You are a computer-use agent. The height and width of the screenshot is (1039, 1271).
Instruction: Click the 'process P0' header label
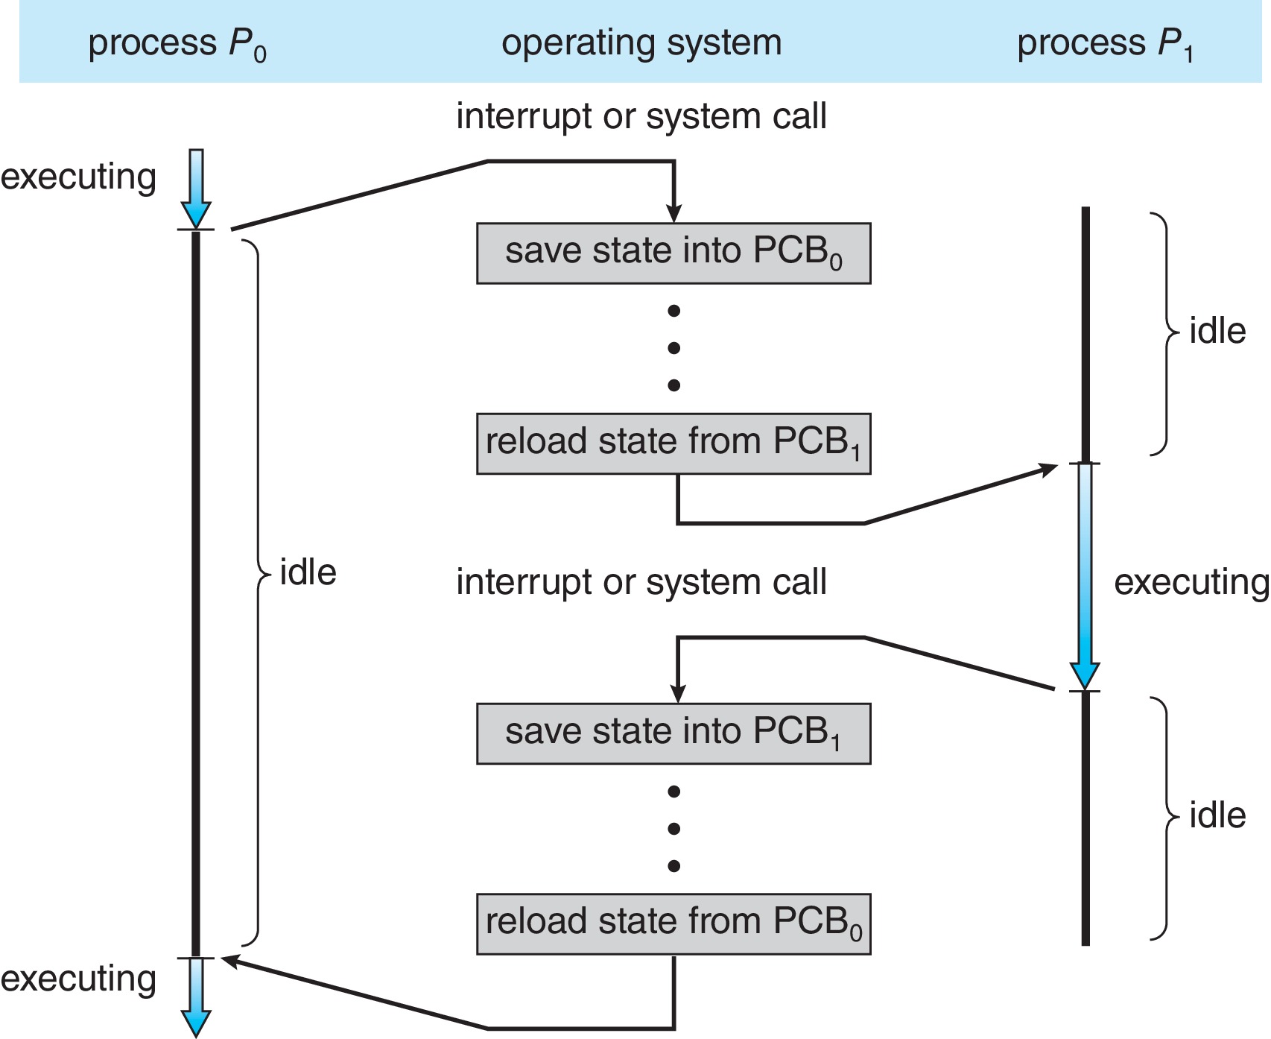[177, 43]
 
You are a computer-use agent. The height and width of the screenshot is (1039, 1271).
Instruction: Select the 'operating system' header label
[641, 42]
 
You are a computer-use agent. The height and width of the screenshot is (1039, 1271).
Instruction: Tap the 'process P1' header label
[1105, 43]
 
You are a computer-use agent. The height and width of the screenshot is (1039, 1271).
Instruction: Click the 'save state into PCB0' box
[673, 253]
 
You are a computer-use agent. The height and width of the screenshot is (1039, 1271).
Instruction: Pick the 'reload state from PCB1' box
[673, 443]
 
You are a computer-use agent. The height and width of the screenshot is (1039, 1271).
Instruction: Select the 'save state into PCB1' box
[673, 733]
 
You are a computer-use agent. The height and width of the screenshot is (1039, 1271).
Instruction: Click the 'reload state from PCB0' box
[673, 923]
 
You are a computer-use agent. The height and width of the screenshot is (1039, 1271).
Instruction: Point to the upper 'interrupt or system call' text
[641, 116]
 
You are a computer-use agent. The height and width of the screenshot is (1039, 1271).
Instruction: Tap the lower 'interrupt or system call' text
[641, 582]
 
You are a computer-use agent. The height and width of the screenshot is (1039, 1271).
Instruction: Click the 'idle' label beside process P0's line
[308, 572]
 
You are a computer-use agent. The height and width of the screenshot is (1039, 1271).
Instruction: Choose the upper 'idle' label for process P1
[1217, 331]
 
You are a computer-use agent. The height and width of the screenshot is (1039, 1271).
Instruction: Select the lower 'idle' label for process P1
[1217, 815]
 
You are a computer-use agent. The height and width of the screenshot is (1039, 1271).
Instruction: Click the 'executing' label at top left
[78, 177]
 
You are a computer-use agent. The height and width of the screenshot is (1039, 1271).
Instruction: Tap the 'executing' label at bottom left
[78, 979]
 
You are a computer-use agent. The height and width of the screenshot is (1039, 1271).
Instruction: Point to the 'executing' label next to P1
[1191, 582]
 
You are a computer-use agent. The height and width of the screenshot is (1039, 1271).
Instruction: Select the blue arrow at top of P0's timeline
[196, 188]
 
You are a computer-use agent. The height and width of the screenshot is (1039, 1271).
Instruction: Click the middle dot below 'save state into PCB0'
[674, 348]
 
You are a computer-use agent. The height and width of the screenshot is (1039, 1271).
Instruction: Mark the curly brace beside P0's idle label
[257, 593]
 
